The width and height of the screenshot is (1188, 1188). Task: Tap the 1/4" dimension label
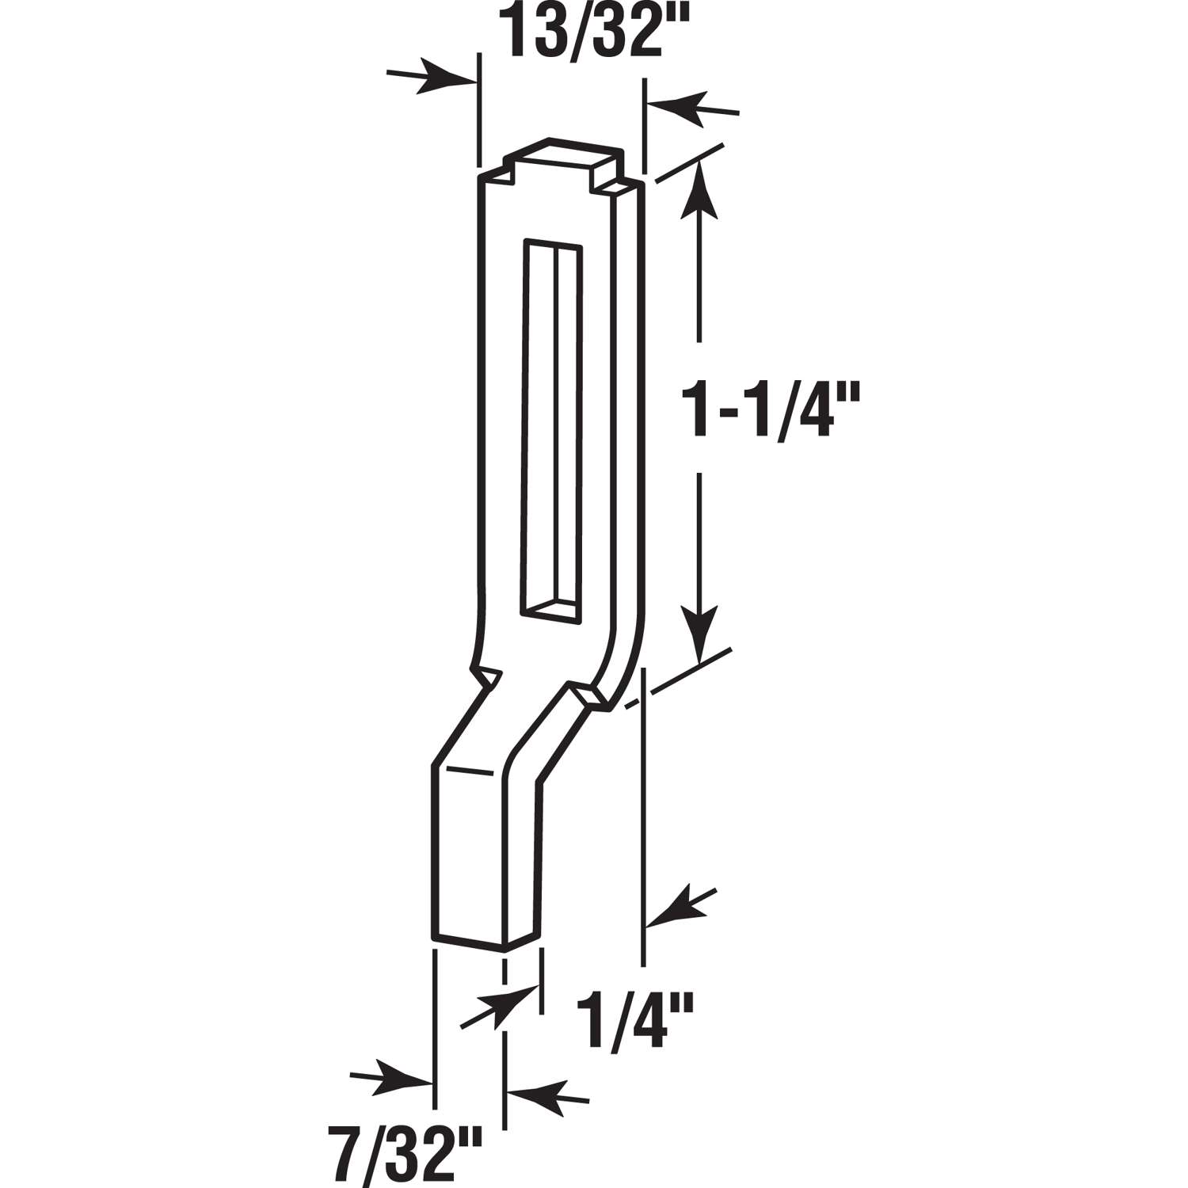(x=634, y=1022)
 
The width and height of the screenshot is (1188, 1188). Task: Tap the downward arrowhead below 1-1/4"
(x=699, y=630)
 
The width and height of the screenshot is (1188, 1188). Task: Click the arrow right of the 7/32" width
(x=546, y=1097)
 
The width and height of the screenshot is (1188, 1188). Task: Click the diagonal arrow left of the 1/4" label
(x=495, y=1006)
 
